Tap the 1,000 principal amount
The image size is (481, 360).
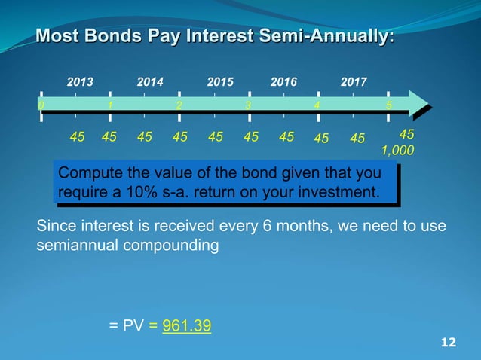397,151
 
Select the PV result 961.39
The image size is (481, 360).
187,326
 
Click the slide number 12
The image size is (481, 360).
448,343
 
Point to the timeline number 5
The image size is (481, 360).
388,105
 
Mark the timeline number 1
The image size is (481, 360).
111,105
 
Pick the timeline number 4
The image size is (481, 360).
317,105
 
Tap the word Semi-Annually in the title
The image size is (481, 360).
335,35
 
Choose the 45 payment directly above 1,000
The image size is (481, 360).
406,134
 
